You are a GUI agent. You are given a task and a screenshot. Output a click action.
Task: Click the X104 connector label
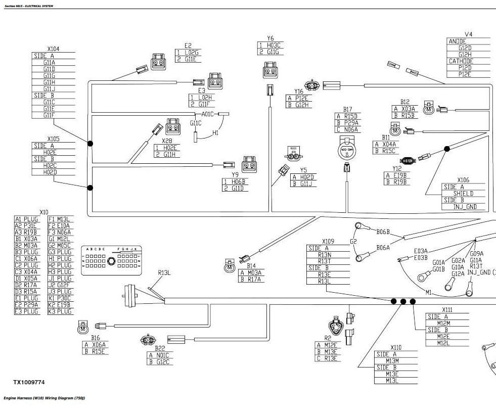tap(53, 49)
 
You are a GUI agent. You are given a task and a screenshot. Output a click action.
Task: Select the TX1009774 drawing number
tap(32, 383)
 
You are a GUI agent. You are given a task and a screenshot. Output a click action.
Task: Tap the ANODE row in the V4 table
tap(458, 41)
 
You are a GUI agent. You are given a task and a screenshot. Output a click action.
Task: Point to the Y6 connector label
tap(270, 38)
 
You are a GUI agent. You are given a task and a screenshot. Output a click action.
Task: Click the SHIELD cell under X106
tap(463, 194)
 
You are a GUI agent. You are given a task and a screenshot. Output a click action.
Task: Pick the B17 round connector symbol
tap(347, 150)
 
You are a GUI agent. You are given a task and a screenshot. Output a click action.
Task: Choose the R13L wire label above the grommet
tap(164, 273)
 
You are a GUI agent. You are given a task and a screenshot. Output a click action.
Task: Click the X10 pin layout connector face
tap(111, 261)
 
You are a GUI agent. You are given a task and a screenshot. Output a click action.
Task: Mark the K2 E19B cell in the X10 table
tap(60, 305)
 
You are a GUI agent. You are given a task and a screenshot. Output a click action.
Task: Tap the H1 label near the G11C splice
tap(215, 133)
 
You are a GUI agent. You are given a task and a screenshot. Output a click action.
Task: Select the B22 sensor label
tap(160, 348)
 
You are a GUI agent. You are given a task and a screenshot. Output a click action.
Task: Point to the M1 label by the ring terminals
tap(429, 293)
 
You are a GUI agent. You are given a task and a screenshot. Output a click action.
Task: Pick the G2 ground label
tap(353, 242)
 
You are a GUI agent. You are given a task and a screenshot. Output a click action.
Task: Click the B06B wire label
tap(383, 232)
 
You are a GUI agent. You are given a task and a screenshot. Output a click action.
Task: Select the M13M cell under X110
tap(392, 361)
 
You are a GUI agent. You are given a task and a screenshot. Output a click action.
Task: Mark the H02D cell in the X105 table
tap(50, 172)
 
